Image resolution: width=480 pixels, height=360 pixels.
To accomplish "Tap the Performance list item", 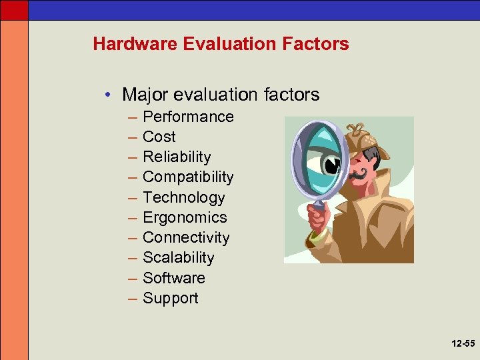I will point(188,117).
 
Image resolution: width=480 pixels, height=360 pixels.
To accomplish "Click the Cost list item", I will point(159,137).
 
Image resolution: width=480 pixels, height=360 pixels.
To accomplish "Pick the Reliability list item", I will point(177,157).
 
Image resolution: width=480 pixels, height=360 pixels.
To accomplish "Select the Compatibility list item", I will point(188,177).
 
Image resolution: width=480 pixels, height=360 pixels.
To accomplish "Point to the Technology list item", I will point(184,197).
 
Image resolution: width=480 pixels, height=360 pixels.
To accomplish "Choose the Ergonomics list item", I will point(185,217).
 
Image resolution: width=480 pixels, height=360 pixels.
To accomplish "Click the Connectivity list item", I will point(186,237).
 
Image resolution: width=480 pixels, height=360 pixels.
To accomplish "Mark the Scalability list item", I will point(179,257).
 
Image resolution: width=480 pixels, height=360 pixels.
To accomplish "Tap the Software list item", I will point(174,278).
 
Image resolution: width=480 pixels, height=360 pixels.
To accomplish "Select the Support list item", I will point(171,298).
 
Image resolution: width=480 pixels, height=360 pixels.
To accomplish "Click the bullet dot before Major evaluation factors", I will point(108,95).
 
